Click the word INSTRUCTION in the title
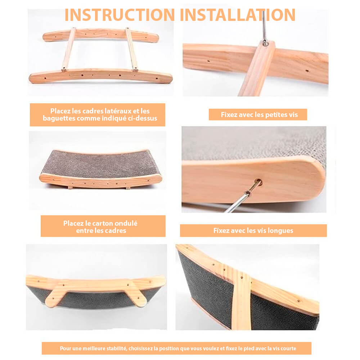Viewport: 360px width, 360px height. point(120,15)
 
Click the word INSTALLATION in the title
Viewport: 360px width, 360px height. point(238,15)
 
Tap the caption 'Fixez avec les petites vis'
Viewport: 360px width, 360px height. point(259,114)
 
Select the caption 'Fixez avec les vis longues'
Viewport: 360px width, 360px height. point(253,230)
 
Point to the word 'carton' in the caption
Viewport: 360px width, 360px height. point(102,223)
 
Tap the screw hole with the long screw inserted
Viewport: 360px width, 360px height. point(259,183)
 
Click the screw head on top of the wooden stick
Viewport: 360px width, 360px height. point(265,43)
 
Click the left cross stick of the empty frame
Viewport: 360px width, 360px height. point(69,49)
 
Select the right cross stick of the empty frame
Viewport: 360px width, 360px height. point(131,49)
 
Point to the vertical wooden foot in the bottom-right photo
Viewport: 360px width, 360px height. point(241,301)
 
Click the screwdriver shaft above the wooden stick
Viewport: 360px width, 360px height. point(264,26)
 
